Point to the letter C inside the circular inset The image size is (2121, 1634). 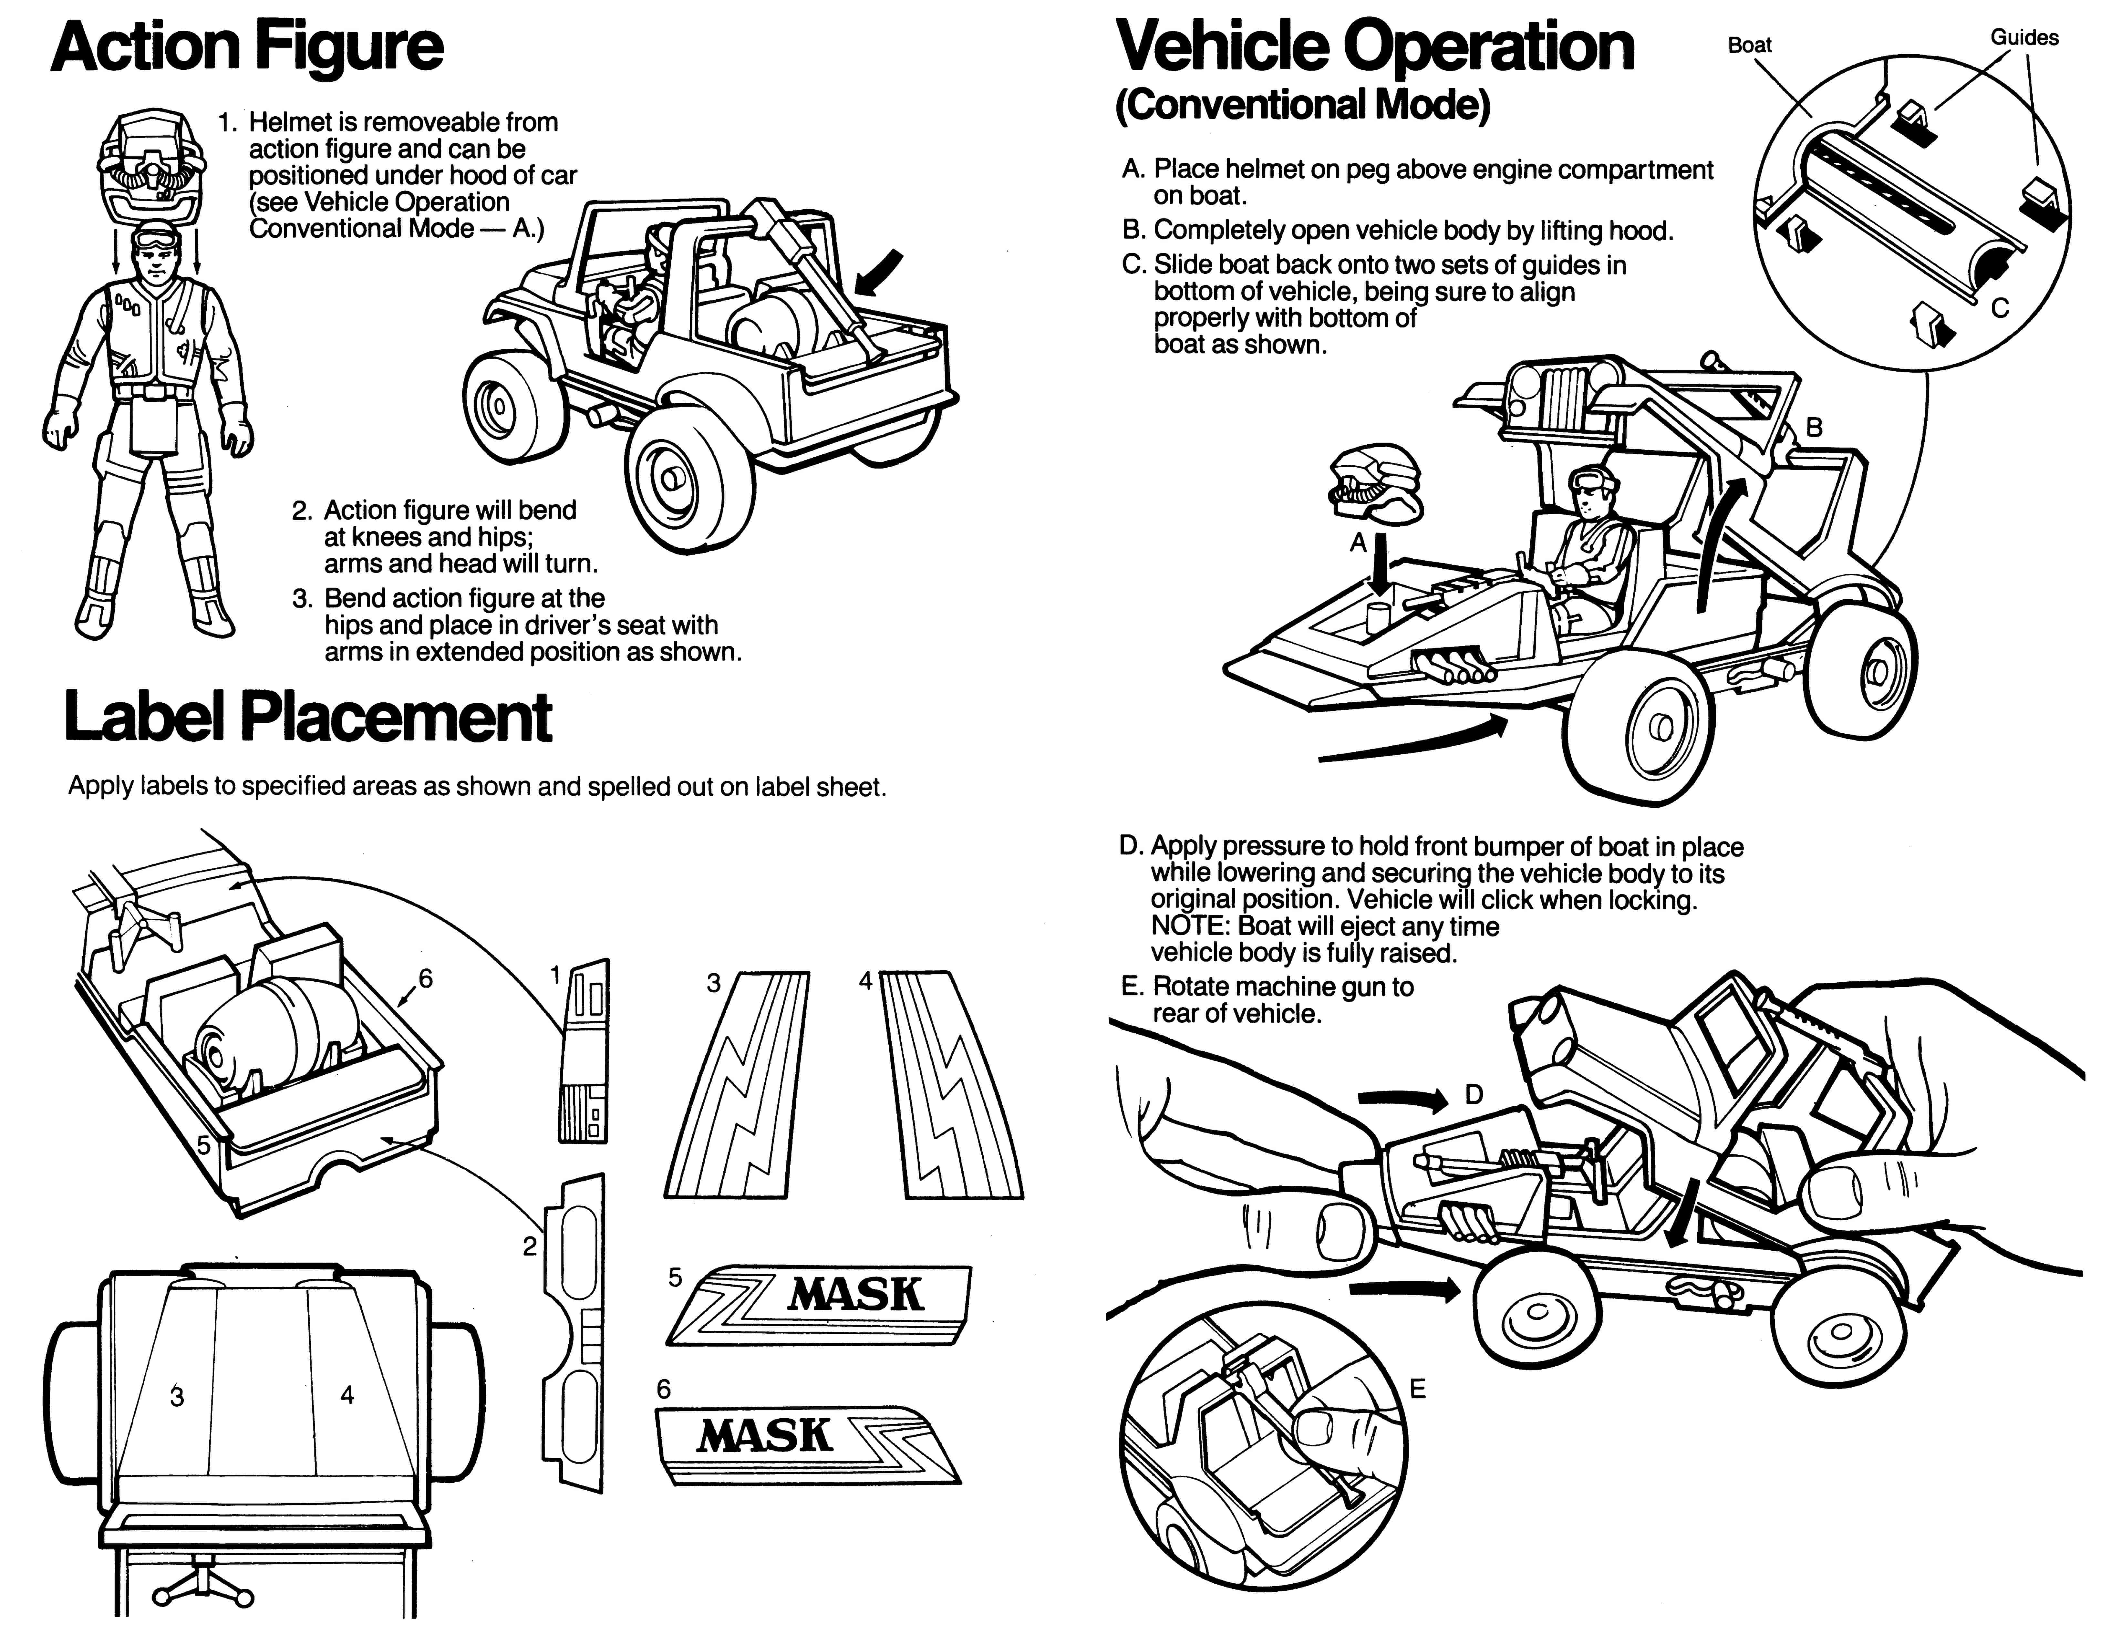click(2000, 308)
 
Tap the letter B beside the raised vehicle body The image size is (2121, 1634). click(1813, 427)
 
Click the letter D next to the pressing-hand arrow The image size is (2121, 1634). click(1473, 1095)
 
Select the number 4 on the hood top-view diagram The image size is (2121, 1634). click(347, 1395)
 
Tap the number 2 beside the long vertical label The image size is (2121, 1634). click(529, 1246)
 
